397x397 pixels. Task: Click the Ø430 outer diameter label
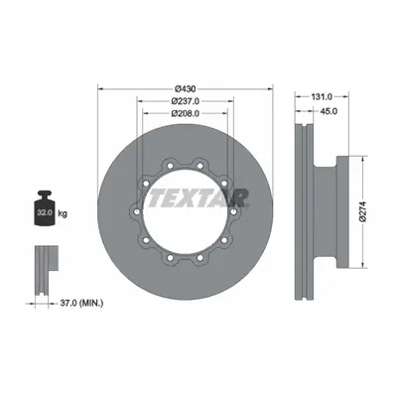[x=186, y=88]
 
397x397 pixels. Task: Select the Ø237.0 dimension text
[x=186, y=101]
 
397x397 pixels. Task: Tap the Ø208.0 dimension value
[x=186, y=113]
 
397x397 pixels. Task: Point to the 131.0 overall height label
[x=322, y=96]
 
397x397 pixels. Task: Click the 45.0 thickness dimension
[x=330, y=111]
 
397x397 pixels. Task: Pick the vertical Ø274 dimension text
[x=364, y=211]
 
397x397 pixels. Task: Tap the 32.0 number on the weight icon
[x=45, y=212]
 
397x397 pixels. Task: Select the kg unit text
[x=63, y=213]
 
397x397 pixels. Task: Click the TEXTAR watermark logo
[x=198, y=198]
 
